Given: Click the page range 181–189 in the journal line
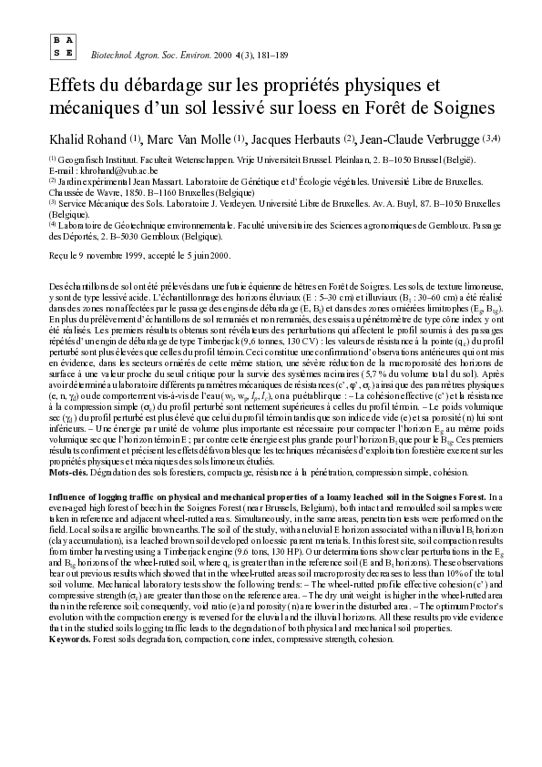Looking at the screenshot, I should click(271, 56).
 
